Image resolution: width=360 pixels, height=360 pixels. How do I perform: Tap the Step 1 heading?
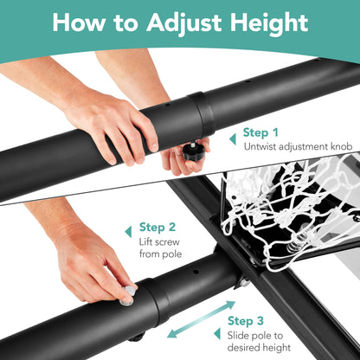coord(260,132)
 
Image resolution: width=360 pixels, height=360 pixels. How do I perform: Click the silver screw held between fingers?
coord(130,290)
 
